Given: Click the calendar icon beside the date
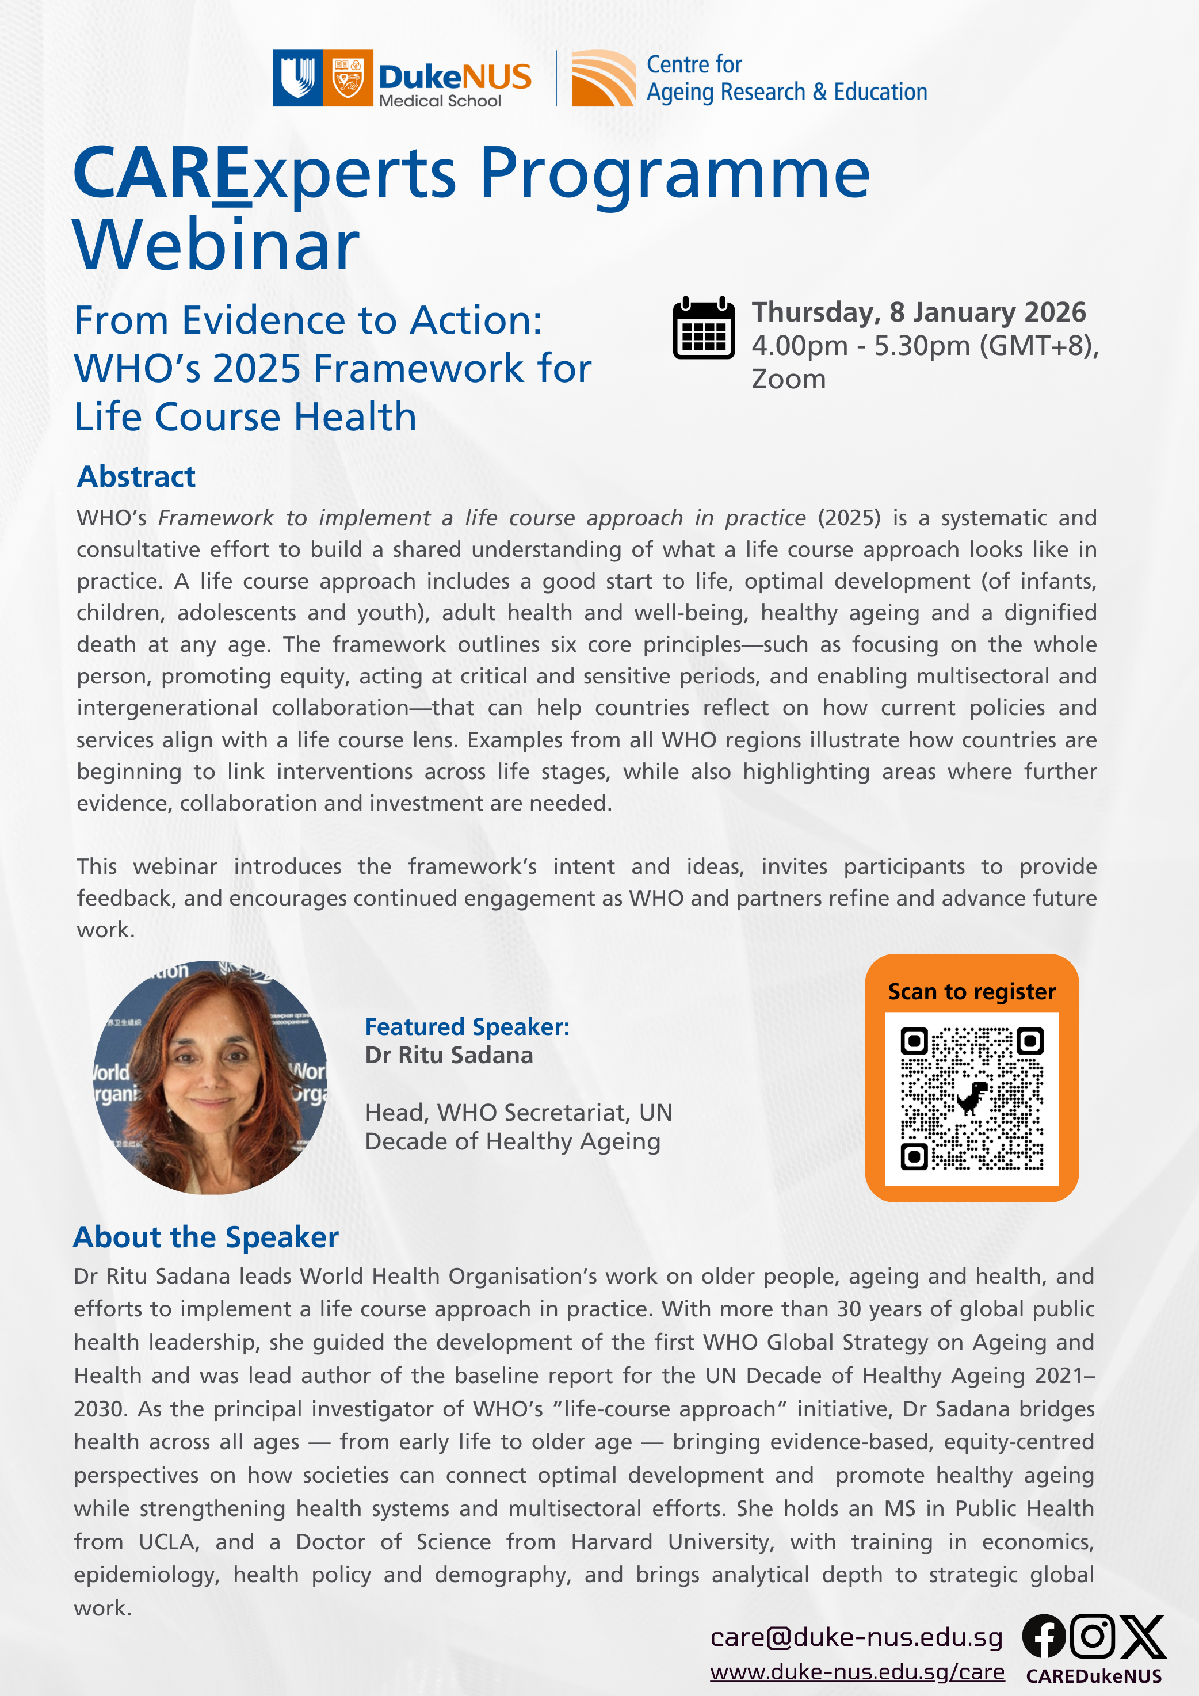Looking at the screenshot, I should pyautogui.click(x=703, y=328).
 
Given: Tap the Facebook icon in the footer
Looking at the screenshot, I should pyautogui.click(x=1043, y=1636).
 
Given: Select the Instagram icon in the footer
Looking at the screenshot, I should pyautogui.click(x=1092, y=1636).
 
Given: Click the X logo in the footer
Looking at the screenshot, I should pyautogui.click(x=1142, y=1636).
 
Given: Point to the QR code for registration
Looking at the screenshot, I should pyautogui.click(x=972, y=1098).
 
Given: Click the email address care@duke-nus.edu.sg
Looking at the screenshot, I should pyautogui.click(x=856, y=1638).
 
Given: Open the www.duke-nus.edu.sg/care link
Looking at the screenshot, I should pyautogui.click(x=857, y=1672).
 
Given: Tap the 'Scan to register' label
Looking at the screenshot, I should pyautogui.click(x=972, y=991).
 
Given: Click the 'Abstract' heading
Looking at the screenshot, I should pyautogui.click(x=137, y=476).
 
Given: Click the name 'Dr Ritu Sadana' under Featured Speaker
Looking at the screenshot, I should pyautogui.click(x=448, y=1055).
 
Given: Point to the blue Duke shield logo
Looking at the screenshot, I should pyautogui.click(x=297, y=78).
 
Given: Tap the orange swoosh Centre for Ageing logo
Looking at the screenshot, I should pyautogui.click(x=603, y=78).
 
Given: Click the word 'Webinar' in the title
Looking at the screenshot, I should pyautogui.click(x=216, y=245).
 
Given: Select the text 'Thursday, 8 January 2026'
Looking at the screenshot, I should pyautogui.click(x=918, y=312).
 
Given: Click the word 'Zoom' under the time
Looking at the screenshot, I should pyautogui.click(x=788, y=379).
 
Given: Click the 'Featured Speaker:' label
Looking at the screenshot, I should pyautogui.click(x=467, y=1027).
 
